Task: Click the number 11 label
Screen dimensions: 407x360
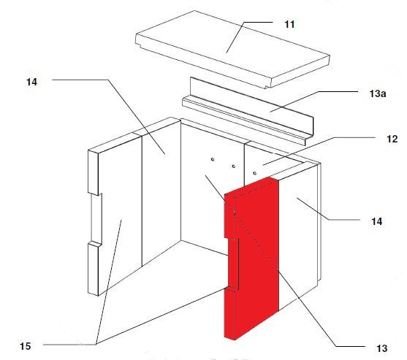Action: point(289,24)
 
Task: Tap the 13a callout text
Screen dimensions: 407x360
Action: point(378,93)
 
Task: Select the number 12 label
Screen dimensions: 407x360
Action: point(392,139)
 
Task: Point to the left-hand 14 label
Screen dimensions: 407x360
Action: point(31,82)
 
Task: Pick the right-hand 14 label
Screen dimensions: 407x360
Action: point(376,221)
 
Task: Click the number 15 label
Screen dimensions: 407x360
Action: point(25,346)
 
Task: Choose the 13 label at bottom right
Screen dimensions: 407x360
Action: point(382,348)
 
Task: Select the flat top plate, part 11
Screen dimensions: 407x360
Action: point(232,49)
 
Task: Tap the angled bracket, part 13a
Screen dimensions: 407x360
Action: point(248,112)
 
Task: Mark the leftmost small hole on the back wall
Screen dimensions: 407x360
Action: point(213,159)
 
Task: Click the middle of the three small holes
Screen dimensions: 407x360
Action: point(234,166)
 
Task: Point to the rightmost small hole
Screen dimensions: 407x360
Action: point(254,173)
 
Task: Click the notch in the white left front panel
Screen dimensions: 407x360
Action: point(96,218)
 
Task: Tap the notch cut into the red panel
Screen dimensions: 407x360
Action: point(233,264)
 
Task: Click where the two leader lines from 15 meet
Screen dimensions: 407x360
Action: point(96,344)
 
